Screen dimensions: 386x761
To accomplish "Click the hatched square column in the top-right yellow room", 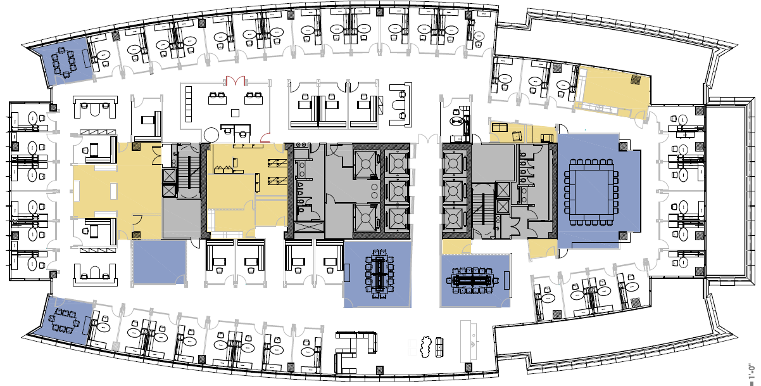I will (x=636, y=80).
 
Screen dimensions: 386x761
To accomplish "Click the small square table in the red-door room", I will (x=235, y=113).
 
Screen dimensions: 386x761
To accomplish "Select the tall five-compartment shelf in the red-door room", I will (x=189, y=103).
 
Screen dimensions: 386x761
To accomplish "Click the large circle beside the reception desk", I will (x=211, y=133).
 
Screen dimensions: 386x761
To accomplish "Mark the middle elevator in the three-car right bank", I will (x=453, y=190).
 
